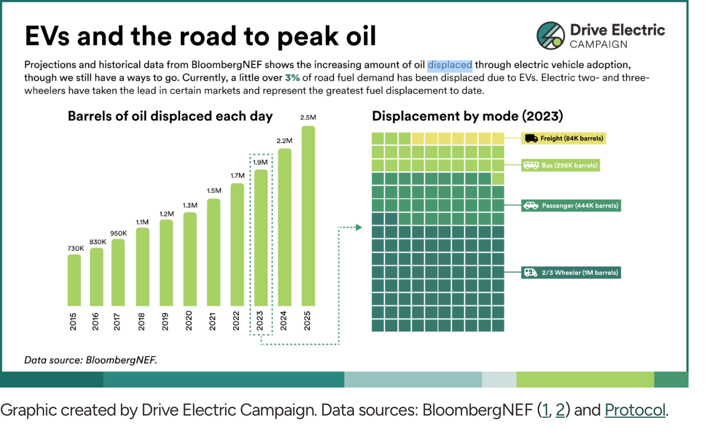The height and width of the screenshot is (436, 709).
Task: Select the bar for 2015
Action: (x=74, y=280)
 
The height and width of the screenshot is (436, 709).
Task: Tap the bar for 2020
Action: (x=190, y=259)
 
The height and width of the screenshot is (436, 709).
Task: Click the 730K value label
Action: (x=75, y=248)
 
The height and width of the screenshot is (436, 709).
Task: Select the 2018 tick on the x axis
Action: (x=143, y=321)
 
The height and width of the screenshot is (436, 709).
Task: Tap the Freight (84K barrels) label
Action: (x=564, y=138)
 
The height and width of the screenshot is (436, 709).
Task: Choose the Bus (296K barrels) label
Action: (x=561, y=165)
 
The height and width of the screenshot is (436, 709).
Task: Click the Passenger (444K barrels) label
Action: (x=571, y=206)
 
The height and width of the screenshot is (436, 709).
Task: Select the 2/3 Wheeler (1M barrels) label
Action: (x=571, y=273)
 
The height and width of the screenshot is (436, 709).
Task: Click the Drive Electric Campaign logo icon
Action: (x=550, y=36)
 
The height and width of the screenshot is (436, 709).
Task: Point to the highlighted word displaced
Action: (x=450, y=66)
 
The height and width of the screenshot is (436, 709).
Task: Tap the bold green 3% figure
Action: (x=292, y=78)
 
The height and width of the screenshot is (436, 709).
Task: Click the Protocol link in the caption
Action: (x=635, y=410)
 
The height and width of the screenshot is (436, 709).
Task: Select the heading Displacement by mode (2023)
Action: (x=467, y=116)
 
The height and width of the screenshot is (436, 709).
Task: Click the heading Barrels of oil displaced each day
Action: (x=170, y=116)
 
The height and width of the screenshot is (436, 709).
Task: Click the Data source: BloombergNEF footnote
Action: (x=90, y=360)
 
